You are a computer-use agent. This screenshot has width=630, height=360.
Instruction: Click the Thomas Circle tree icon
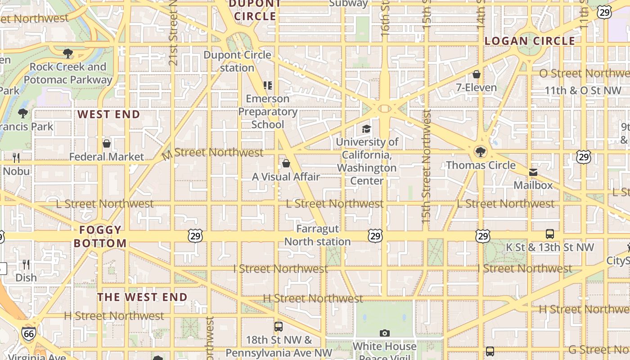pyautogui.click(x=481, y=152)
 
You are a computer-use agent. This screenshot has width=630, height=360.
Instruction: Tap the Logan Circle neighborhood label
pyautogui.click(x=530, y=41)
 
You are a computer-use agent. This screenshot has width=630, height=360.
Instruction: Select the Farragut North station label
pyautogui.click(x=317, y=235)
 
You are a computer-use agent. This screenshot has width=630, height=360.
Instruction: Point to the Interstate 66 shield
pyautogui.click(x=28, y=333)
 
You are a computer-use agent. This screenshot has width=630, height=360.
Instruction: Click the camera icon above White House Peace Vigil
pyautogui.click(x=384, y=333)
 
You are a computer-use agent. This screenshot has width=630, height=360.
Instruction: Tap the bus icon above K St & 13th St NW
pyautogui.click(x=549, y=234)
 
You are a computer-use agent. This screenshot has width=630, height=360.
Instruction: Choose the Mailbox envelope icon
pyautogui.click(x=533, y=172)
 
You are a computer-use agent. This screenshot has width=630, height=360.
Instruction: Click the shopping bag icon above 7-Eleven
pyautogui.click(x=477, y=74)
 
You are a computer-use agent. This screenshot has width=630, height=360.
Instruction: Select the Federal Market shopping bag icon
pyautogui.click(x=107, y=144)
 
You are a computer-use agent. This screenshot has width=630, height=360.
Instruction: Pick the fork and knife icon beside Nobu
pyautogui.click(x=16, y=157)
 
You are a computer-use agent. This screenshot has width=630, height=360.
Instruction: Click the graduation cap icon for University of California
pyautogui.click(x=367, y=129)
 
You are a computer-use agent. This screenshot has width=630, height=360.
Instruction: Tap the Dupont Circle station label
pyautogui.click(x=237, y=61)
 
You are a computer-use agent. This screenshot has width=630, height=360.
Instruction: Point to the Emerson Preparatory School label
pyautogui.click(x=268, y=112)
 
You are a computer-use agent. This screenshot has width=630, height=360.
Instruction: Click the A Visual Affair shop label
pyautogui.click(x=286, y=177)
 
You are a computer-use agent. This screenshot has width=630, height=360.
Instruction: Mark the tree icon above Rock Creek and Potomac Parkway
pyautogui.click(x=68, y=54)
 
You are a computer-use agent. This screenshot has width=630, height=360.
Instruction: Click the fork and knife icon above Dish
pyautogui.click(x=26, y=264)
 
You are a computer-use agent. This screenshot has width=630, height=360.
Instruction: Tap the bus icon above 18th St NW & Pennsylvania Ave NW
pyautogui.click(x=279, y=327)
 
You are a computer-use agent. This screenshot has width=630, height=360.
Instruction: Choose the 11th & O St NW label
pyautogui.click(x=583, y=90)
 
